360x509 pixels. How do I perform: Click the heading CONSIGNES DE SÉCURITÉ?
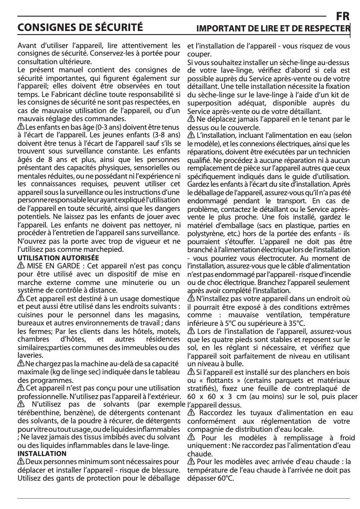pos(80,28)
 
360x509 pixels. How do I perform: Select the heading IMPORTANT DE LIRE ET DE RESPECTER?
pos(273,29)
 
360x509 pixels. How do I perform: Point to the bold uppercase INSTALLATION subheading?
pos(42,454)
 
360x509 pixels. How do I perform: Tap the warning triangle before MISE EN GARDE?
pos(20,266)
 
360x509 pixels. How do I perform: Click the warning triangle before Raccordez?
pos(191,413)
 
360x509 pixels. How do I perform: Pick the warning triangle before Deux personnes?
pos(21,462)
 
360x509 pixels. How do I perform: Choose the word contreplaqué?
pos(317,388)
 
